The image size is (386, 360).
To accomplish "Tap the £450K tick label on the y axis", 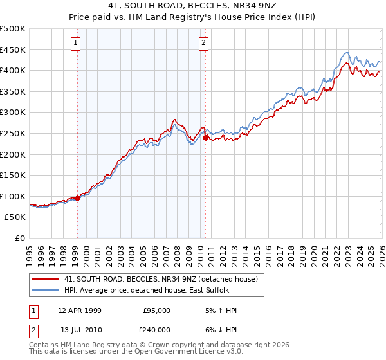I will coord(13,50).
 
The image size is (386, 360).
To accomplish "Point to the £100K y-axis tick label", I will coord(13,196).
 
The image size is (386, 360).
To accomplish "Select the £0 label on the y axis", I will coord(21,238).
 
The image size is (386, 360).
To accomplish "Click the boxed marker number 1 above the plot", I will coord(76,43).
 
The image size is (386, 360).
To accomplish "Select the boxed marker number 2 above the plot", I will coord(203,43).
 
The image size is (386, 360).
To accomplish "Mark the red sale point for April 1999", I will coord(77,198).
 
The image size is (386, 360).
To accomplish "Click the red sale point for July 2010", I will coord(205,138).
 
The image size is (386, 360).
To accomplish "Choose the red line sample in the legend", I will coord(46,279).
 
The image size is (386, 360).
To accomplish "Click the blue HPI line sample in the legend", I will coord(46,291).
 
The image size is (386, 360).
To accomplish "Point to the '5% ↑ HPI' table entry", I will coord(219,310).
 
